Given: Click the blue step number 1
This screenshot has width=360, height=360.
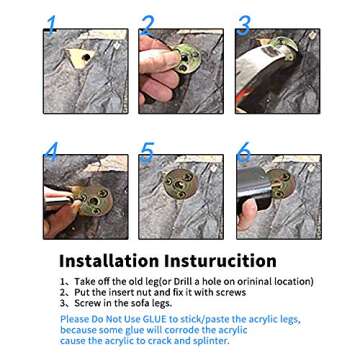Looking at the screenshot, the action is click(51, 25).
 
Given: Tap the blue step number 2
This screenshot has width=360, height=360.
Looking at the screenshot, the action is click(148, 25).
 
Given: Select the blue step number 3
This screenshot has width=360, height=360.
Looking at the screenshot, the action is click(244, 26).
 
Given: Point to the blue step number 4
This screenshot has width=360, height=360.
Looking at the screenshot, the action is click(51, 152).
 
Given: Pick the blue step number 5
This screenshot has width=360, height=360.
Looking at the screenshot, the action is click(147, 152).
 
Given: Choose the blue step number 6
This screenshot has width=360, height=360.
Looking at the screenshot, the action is click(244, 152).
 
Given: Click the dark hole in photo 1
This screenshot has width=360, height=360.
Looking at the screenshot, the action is click(86, 57).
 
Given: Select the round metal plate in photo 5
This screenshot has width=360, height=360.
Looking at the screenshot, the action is click(181, 183).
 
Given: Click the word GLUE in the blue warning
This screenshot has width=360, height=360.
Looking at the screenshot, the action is click(156, 319).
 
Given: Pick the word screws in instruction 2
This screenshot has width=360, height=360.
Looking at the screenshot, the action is click(231, 293).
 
